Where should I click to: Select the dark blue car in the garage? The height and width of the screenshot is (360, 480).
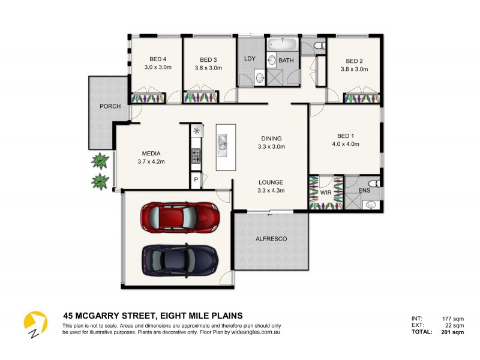pos(179,259)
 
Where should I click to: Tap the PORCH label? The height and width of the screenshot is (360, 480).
pos(110,106)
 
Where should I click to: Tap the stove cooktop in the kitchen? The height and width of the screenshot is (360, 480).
pos(196,155)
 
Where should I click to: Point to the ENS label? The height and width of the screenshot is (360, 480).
pos(364,191)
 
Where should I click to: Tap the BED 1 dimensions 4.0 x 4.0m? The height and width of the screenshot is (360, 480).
pos(345,144)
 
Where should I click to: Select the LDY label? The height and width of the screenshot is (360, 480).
pos(250,59)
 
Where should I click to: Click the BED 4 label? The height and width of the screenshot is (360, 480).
pos(158,59)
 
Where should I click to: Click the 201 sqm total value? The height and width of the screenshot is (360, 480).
pos(453,331)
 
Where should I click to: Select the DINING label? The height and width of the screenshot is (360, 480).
pos(271,138)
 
